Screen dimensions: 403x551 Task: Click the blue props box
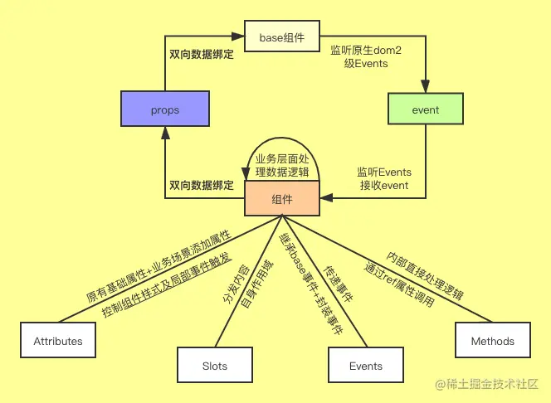pyautogui.click(x=165, y=109)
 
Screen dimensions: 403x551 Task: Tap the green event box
pyautogui.click(x=426, y=109)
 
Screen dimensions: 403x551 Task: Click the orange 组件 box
pyautogui.click(x=281, y=198)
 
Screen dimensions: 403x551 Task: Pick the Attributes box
pyautogui.click(x=58, y=341)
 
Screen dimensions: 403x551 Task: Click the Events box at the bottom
pyautogui.click(x=366, y=366)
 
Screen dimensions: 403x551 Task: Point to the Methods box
pyautogui.click(x=492, y=341)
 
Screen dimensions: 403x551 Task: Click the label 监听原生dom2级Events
pyautogui.click(x=366, y=57)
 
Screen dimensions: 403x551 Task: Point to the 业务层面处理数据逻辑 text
pyautogui.click(x=282, y=165)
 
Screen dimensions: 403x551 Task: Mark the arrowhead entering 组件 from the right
pyautogui.click(x=325, y=197)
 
